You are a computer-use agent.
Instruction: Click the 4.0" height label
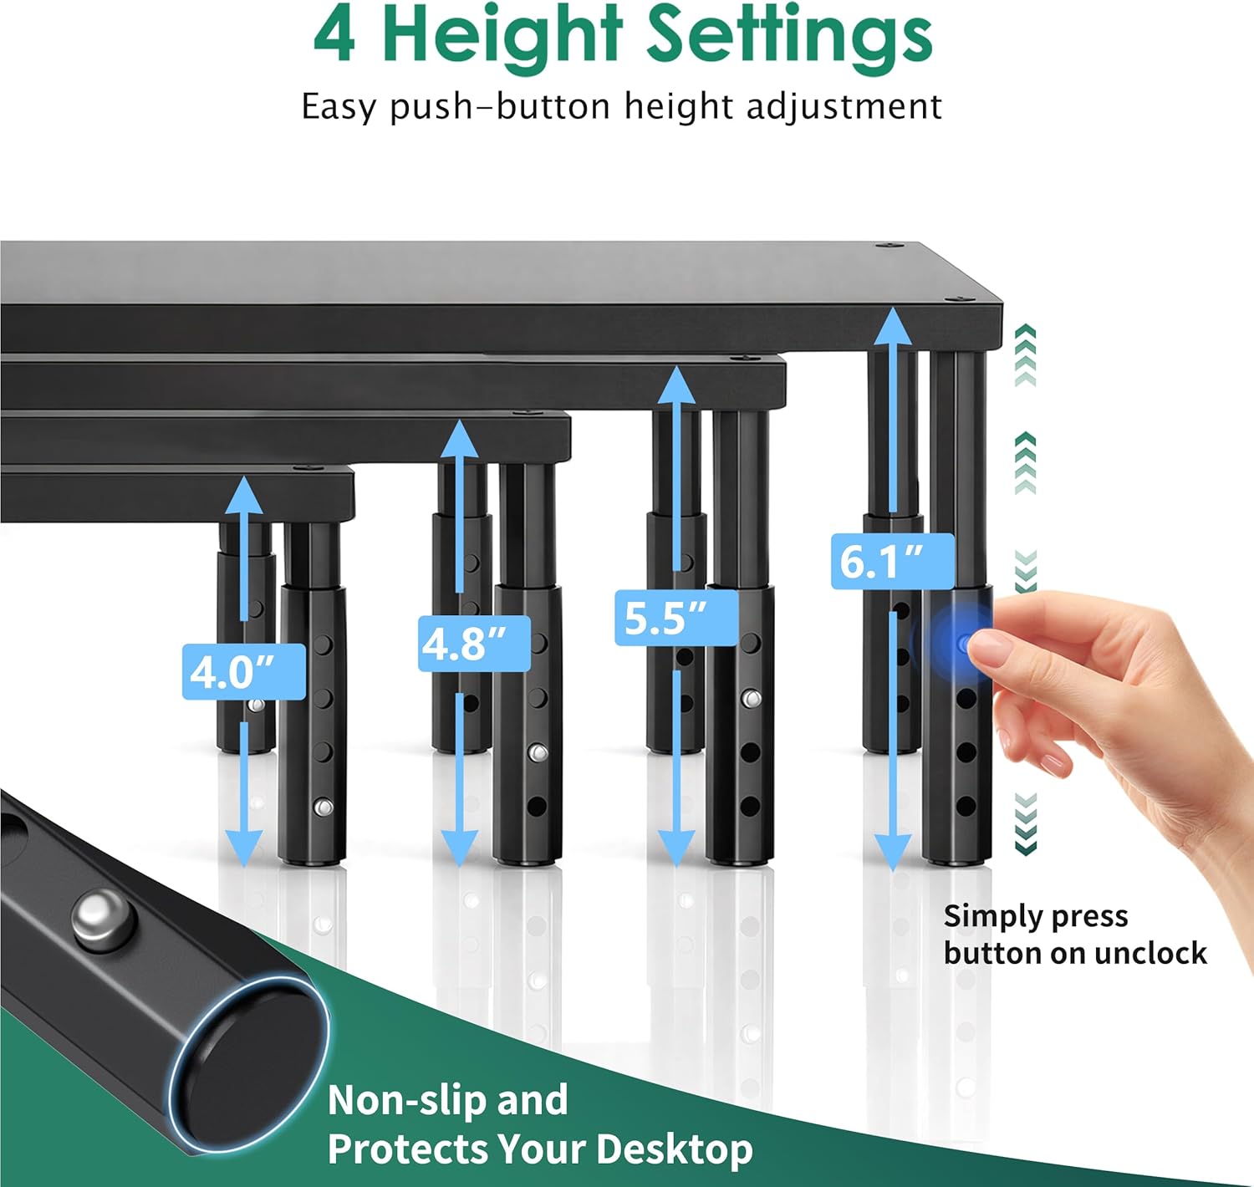[x=243, y=671]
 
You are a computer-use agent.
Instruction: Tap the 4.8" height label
[x=474, y=643]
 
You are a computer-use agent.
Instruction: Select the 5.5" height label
[x=676, y=618]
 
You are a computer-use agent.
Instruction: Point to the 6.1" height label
[x=892, y=561]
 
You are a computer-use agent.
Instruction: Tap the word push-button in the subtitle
[x=502, y=107]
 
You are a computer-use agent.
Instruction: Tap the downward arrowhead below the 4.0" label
[x=243, y=848]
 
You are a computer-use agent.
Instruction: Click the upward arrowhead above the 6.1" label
[x=892, y=327]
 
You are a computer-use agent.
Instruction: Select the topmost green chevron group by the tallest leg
[x=1025, y=354]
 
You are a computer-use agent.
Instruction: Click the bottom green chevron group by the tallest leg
[x=1025, y=824]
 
